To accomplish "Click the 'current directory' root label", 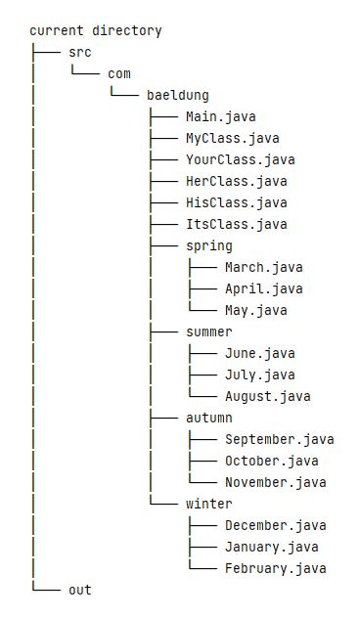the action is pyautogui.click(x=96, y=30).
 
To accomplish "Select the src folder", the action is pyautogui.click(x=80, y=52).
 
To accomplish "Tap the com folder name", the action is pyautogui.click(x=119, y=73).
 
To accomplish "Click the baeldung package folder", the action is pyautogui.click(x=178, y=95).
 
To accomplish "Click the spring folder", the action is pyautogui.click(x=208, y=245).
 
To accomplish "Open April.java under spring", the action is pyautogui.click(x=263, y=288).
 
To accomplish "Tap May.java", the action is pyautogui.click(x=255, y=310).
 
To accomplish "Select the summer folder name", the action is pyautogui.click(x=208, y=331).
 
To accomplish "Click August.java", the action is pyautogui.click(x=267, y=396).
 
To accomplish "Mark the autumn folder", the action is pyautogui.click(x=208, y=418).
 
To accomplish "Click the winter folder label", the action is pyautogui.click(x=208, y=504).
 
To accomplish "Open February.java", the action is pyautogui.click(x=275, y=568).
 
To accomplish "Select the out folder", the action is pyautogui.click(x=80, y=590).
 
